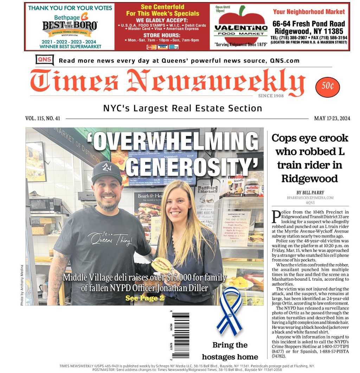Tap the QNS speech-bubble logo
click(x=44, y=60)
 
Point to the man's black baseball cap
click(x=107, y=172)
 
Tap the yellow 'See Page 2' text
click(x=144, y=298)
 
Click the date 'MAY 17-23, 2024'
click(x=332, y=118)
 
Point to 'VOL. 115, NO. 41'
click(x=43, y=118)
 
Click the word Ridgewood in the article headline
click(x=309, y=178)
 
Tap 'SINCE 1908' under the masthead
click(x=271, y=96)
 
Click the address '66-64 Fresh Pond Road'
click(x=309, y=24)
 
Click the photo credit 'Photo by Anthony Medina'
click(x=22, y=284)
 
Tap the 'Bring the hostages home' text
click(x=230, y=351)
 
